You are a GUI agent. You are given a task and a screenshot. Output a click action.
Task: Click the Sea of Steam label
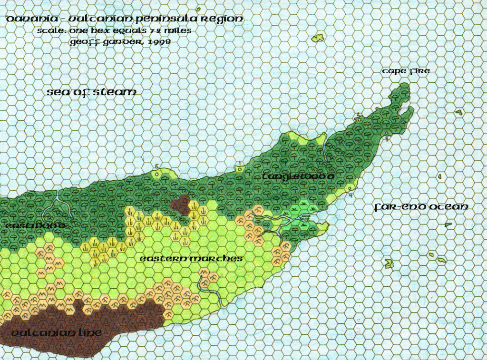[91, 92]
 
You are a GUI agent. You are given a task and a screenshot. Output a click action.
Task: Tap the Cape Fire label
[406, 71]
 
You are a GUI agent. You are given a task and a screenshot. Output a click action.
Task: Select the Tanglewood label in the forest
[298, 176]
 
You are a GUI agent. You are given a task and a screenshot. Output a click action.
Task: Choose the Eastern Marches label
[191, 259]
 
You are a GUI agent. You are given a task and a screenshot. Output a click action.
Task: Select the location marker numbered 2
[357, 115]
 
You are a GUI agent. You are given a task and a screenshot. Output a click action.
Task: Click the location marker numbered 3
[387, 138]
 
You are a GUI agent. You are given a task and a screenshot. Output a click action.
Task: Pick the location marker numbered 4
[351, 195]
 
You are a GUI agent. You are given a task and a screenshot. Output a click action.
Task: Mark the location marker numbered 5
[156, 166]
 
